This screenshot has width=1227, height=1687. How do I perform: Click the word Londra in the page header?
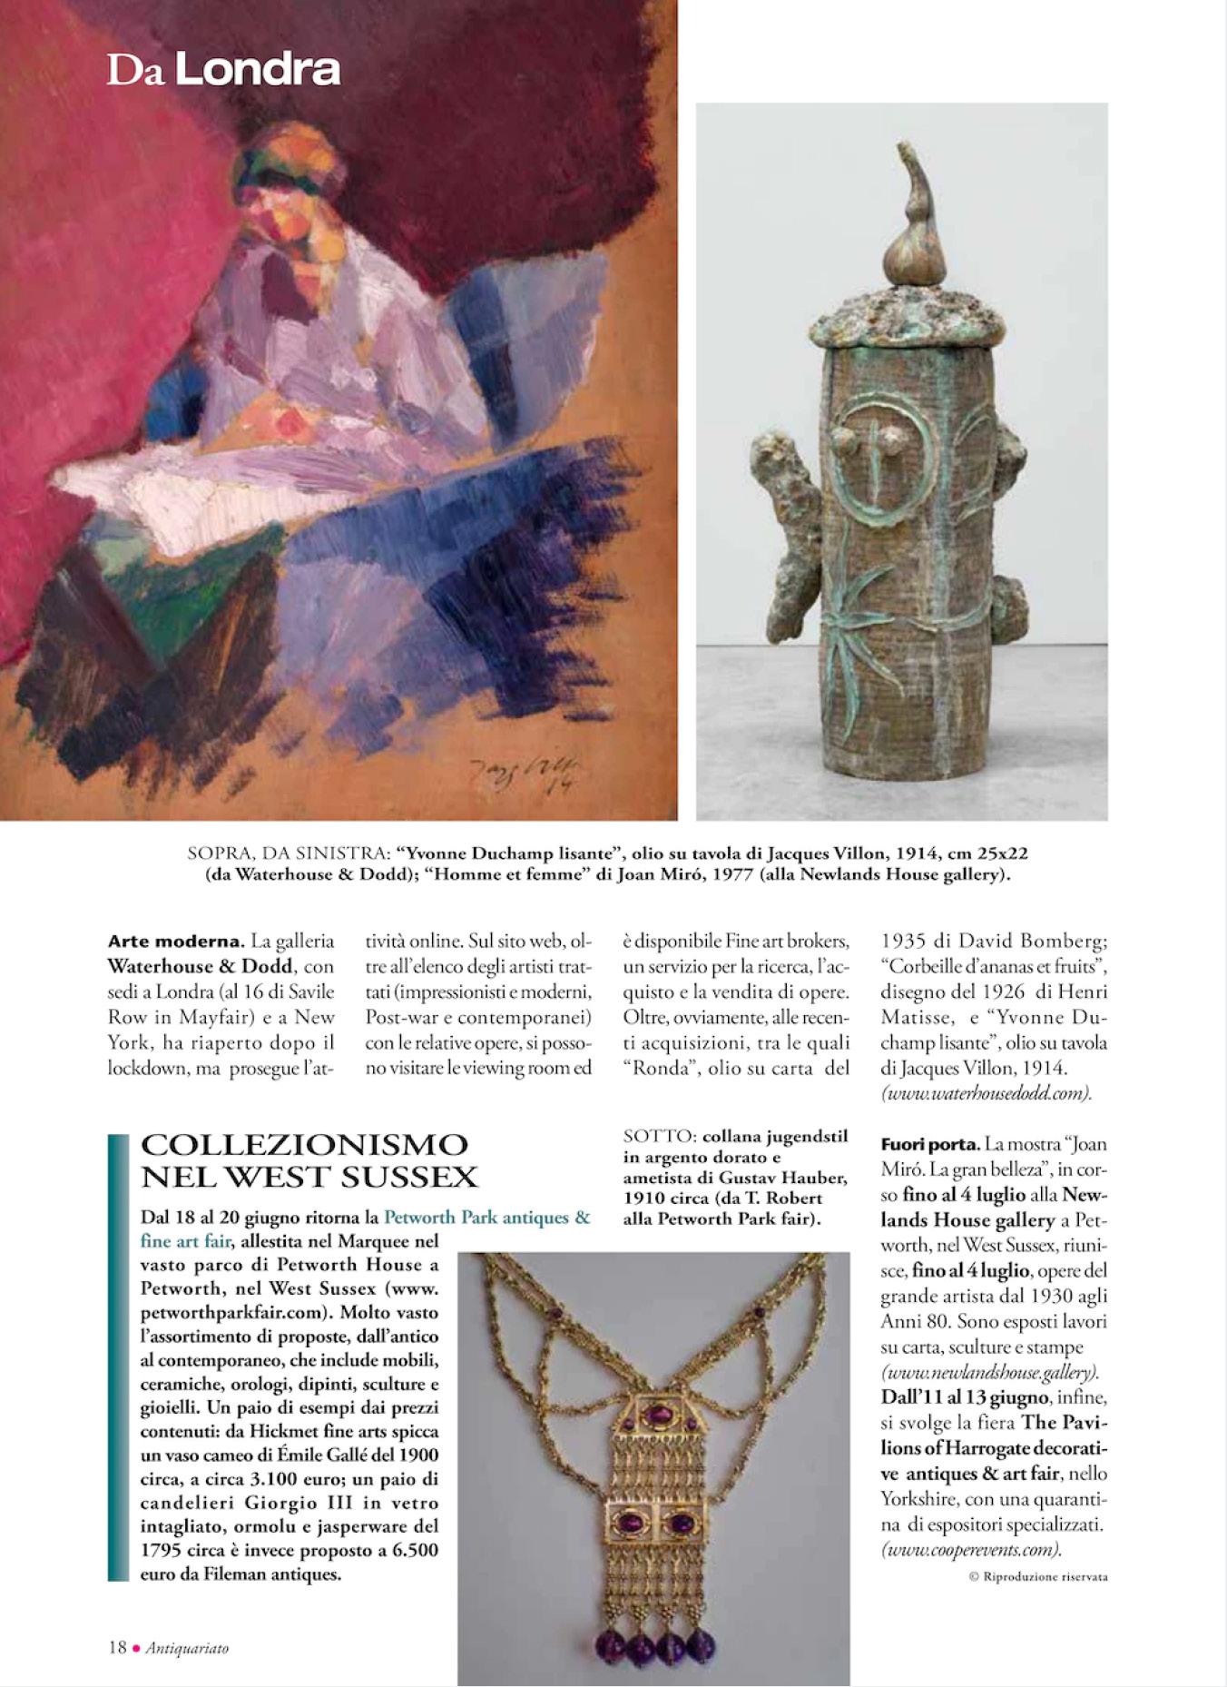(258, 69)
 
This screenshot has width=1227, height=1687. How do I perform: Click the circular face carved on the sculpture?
(877, 463)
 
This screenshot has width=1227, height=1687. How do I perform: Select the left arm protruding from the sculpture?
(789, 518)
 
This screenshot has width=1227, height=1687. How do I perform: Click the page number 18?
(116, 1647)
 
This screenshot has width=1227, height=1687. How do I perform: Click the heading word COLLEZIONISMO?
(305, 1146)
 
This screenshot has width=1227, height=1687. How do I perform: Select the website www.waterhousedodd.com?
(986, 1093)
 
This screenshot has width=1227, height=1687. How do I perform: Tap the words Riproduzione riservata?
(1044, 1576)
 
